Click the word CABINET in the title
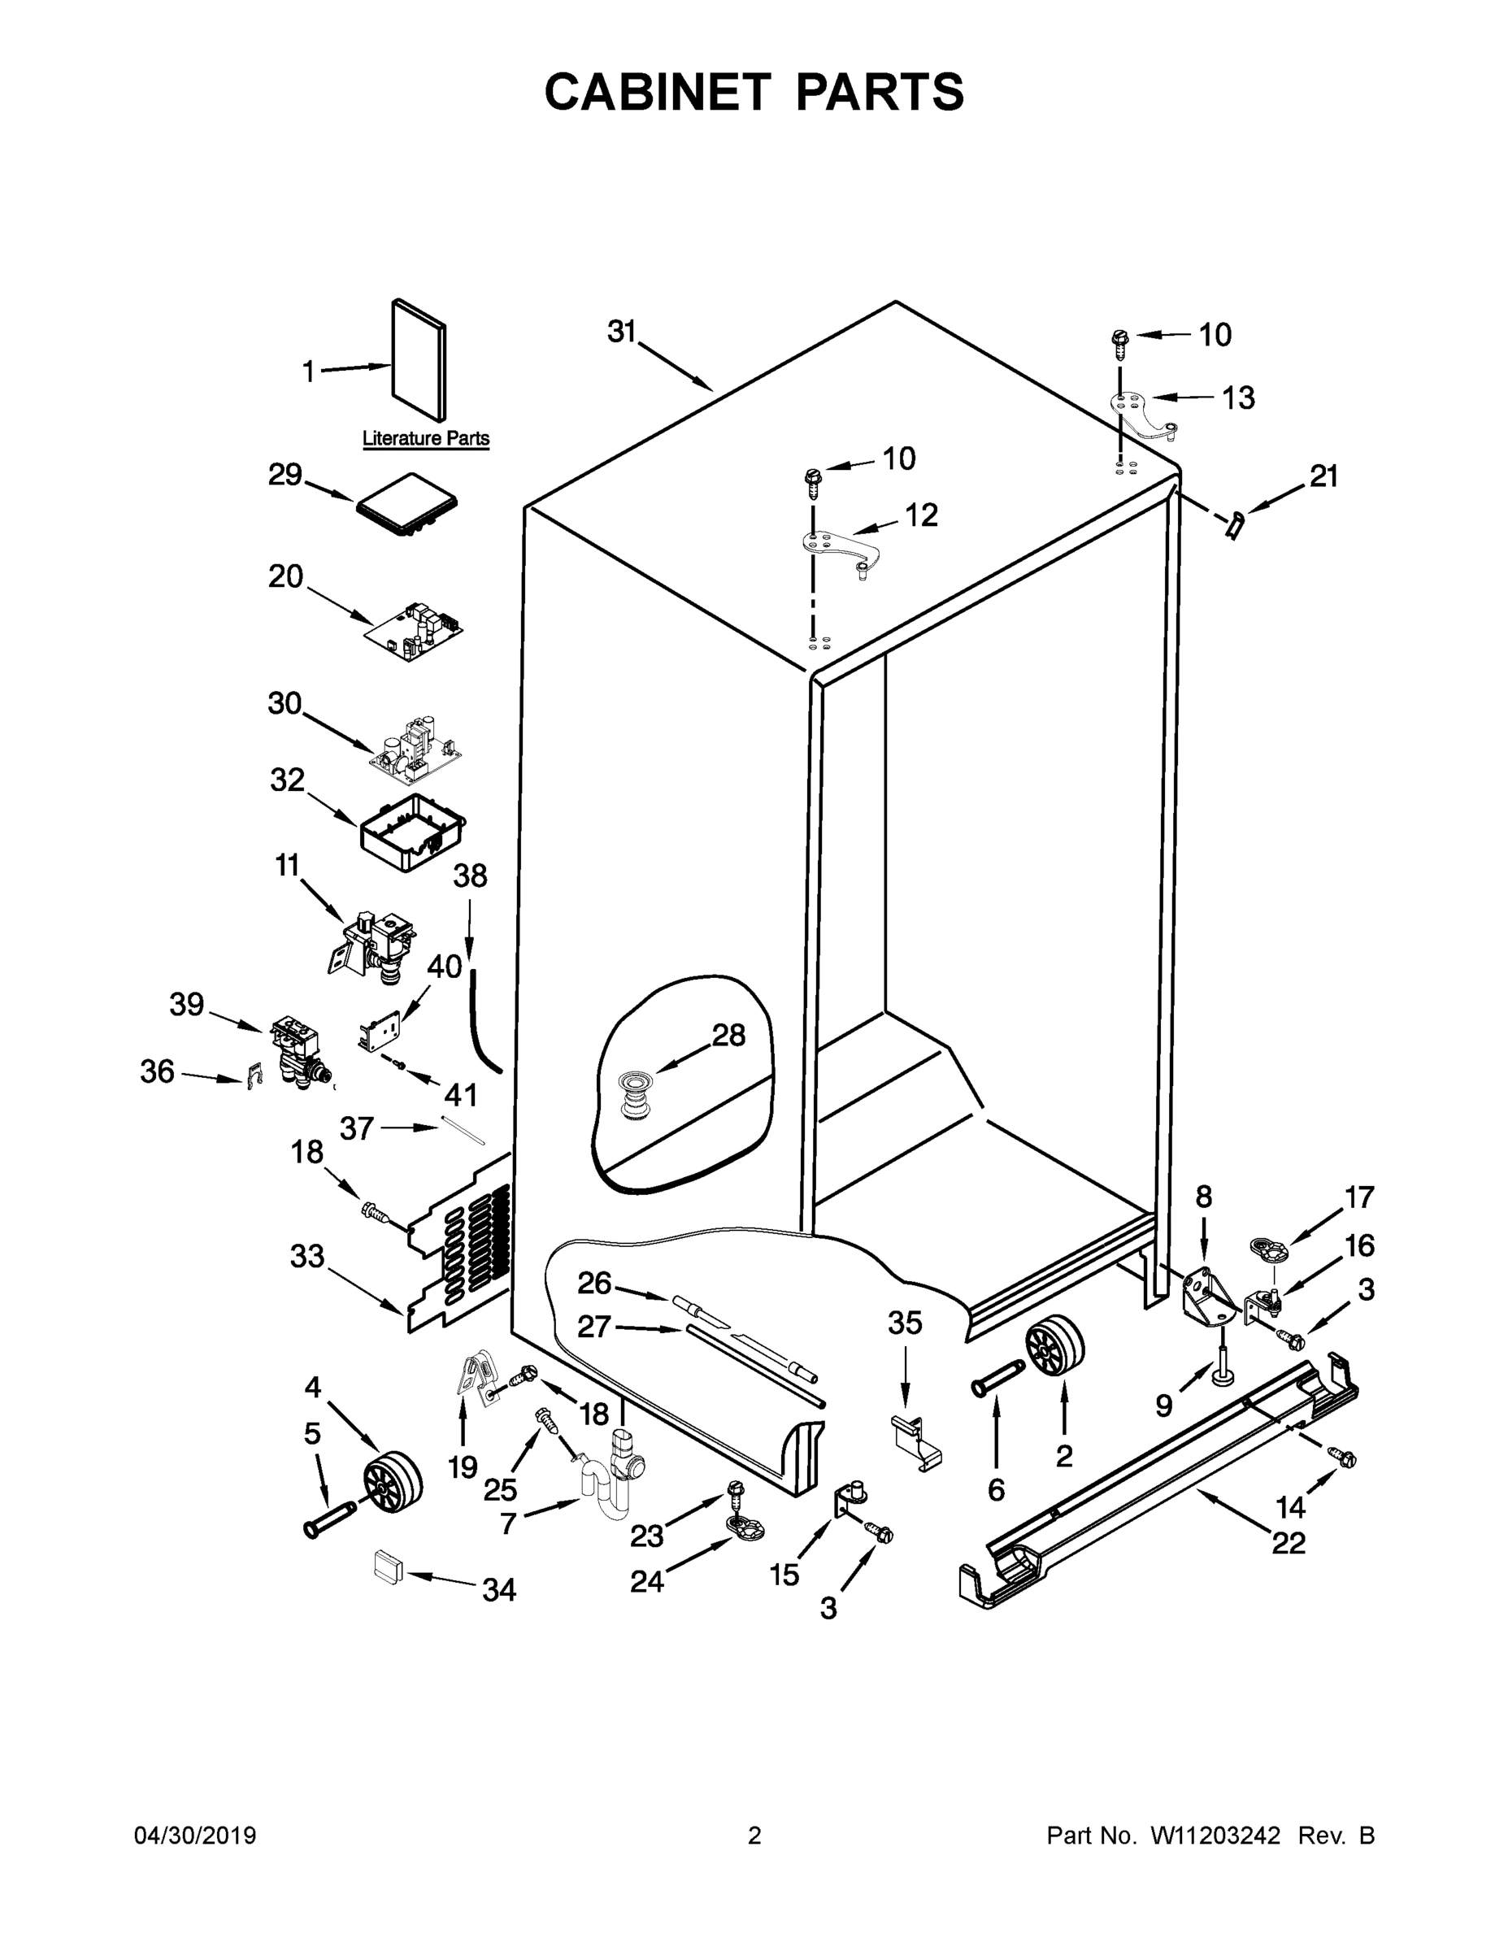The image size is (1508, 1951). tap(658, 92)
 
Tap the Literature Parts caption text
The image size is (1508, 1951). tap(425, 439)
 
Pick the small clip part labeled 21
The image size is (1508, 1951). tap(1236, 526)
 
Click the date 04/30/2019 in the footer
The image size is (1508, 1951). tap(195, 1836)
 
